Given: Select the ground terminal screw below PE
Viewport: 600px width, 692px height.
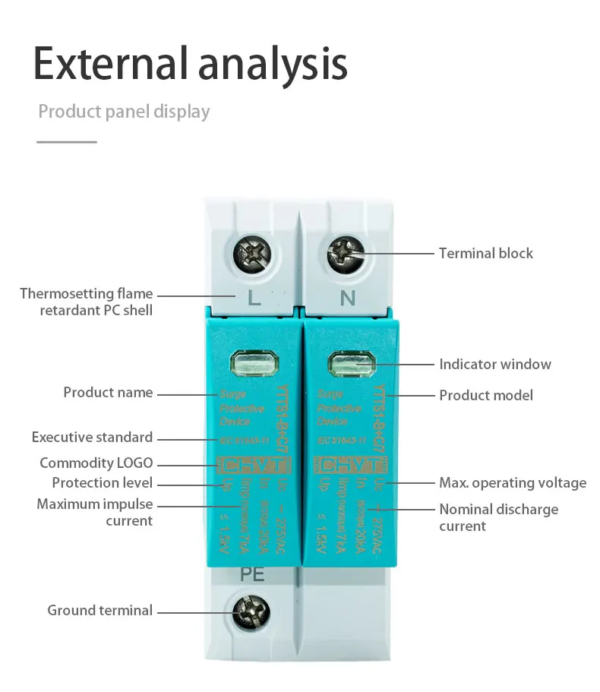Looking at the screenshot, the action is click(250, 610).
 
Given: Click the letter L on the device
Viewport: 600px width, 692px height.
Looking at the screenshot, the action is click(254, 299).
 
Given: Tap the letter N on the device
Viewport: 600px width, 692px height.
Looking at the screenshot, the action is click(347, 299).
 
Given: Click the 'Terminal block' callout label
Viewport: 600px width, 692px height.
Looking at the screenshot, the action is click(486, 253).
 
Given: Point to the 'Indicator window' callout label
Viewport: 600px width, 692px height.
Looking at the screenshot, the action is click(494, 364).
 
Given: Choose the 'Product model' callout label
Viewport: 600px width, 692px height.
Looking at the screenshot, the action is click(486, 395).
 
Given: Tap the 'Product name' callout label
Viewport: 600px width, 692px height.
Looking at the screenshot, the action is click(108, 393).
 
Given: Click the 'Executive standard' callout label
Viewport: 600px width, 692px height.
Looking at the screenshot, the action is click(92, 438).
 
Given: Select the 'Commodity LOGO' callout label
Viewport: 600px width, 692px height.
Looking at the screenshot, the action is click(96, 463).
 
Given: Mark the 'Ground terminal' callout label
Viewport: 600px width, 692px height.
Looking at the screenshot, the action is click(99, 610).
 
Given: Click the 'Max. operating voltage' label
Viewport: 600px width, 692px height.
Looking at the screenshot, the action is click(513, 482).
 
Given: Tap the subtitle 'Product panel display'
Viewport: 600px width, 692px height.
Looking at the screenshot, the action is click(124, 112).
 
